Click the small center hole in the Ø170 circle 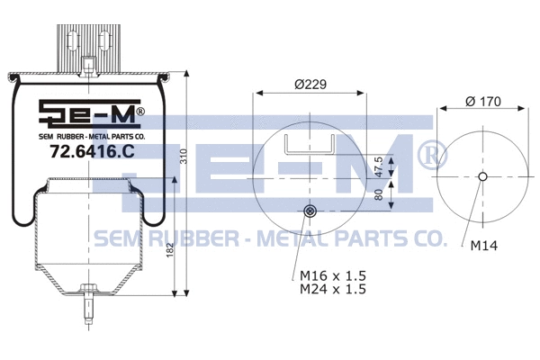[x=482, y=176]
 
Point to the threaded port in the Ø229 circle [x=310, y=211]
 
